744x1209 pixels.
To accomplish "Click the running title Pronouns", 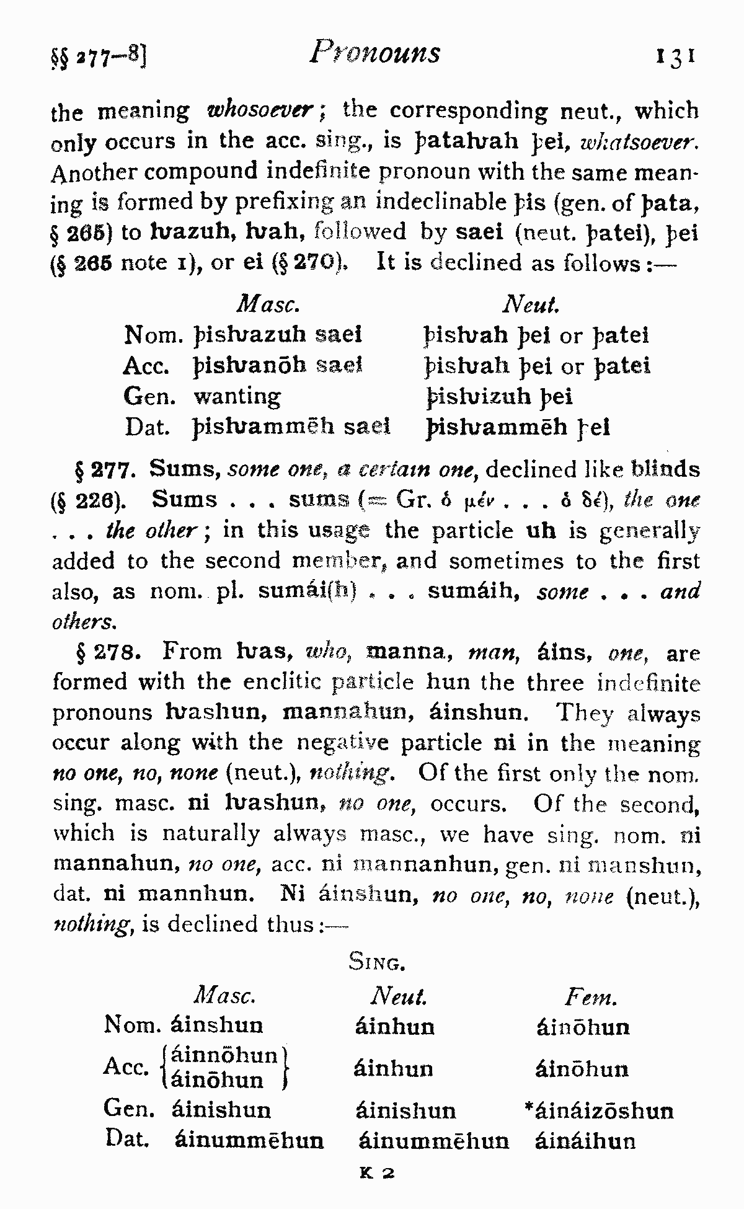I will [x=376, y=53].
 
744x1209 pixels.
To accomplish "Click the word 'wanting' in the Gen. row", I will [x=237, y=396].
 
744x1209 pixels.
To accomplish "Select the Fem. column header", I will [x=590, y=998].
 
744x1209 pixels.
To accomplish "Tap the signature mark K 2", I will [x=378, y=1174].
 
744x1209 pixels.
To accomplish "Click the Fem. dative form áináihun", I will [x=585, y=1141].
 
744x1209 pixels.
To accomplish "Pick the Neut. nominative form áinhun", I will [x=395, y=1027].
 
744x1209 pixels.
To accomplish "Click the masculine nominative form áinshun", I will [x=217, y=1024].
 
